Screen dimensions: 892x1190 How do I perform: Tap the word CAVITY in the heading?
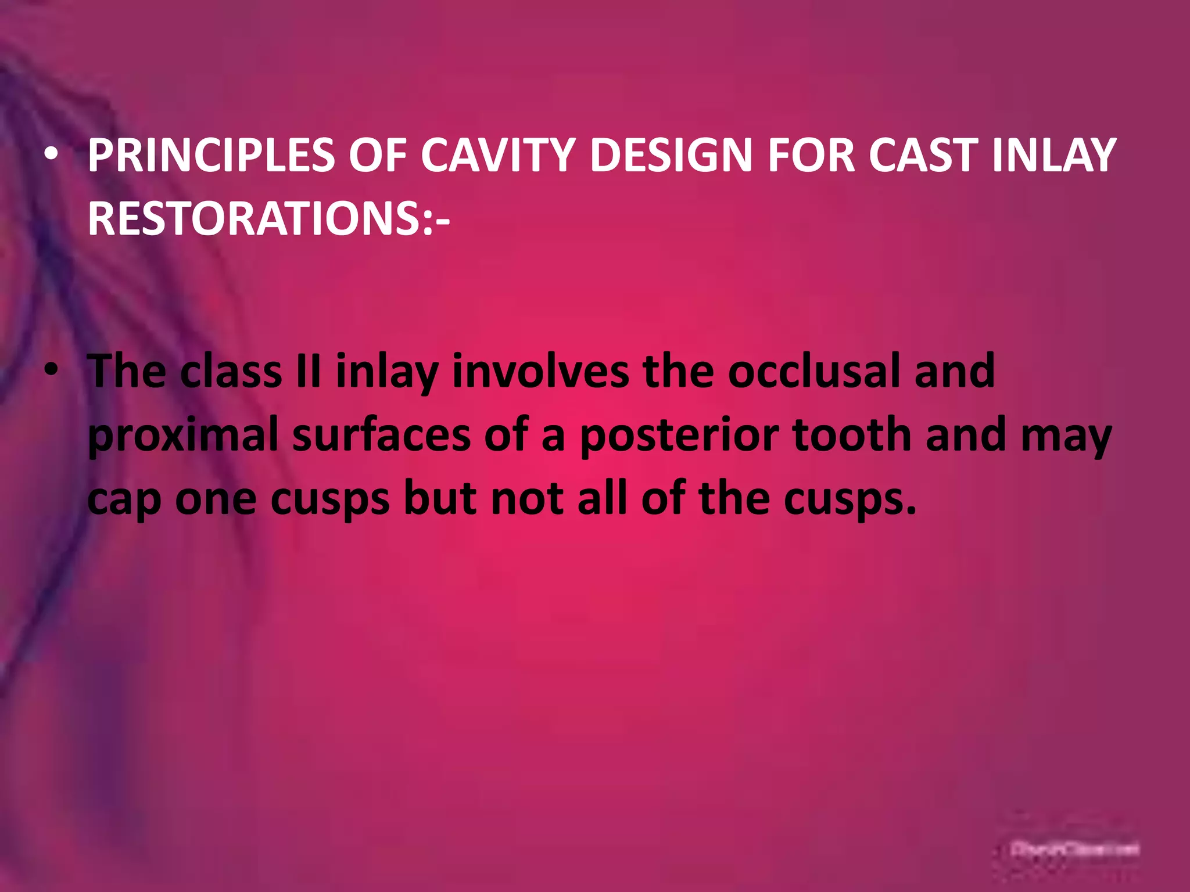(497, 156)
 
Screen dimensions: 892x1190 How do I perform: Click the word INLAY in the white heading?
(1054, 156)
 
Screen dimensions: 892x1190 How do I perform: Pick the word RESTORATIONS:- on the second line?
(268, 219)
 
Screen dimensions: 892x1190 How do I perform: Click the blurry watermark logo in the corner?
(1075, 849)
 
